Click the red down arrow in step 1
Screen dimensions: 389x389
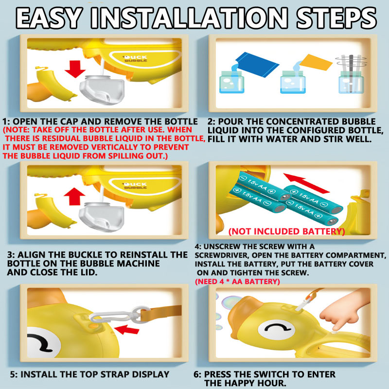coord(75,69)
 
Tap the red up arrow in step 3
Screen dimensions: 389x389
coord(74,196)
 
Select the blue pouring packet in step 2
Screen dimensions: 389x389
coord(256,64)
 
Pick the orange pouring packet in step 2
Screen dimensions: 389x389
coord(316,62)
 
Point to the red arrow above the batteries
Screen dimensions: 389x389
coord(306,183)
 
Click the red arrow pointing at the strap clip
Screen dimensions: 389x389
coord(126,330)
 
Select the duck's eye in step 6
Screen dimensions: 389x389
coord(277,330)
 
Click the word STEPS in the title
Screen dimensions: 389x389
coord(336,18)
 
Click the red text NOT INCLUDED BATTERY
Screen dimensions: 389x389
coord(286,231)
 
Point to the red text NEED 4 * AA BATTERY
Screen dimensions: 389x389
coord(237,282)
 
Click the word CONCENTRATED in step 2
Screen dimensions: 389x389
coord(302,122)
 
